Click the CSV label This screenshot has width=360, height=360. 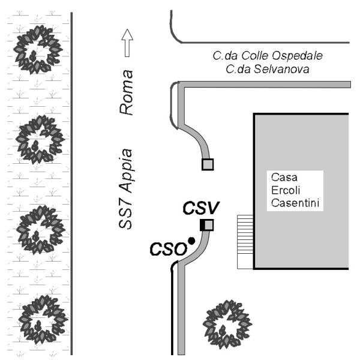pos(202,208)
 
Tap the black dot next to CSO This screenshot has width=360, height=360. pos(191,241)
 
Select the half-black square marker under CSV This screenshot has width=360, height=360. pos(206,225)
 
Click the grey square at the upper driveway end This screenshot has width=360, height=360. pos(208,164)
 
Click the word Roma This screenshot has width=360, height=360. pos(126,92)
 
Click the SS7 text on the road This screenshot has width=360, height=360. pos(126,214)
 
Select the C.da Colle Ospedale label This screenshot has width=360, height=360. pos(268,56)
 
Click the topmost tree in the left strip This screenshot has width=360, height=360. pos(38,48)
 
